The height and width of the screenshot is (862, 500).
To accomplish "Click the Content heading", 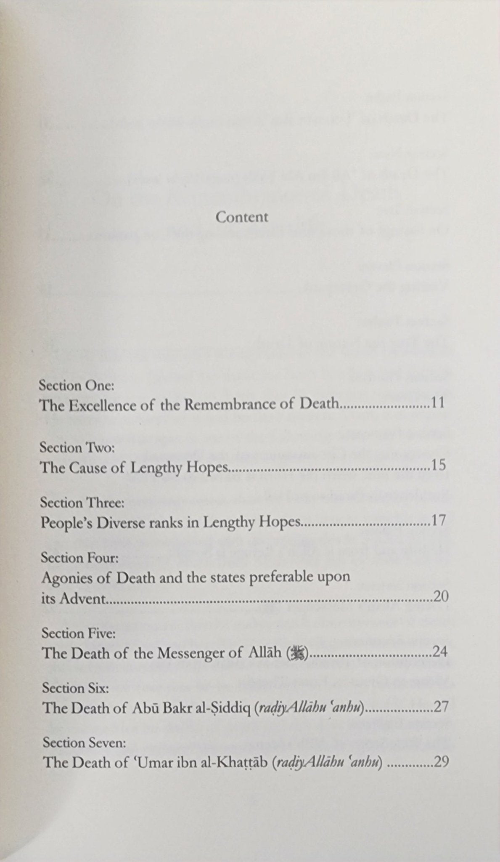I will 242,217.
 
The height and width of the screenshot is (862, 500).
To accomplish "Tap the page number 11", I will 438,404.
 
